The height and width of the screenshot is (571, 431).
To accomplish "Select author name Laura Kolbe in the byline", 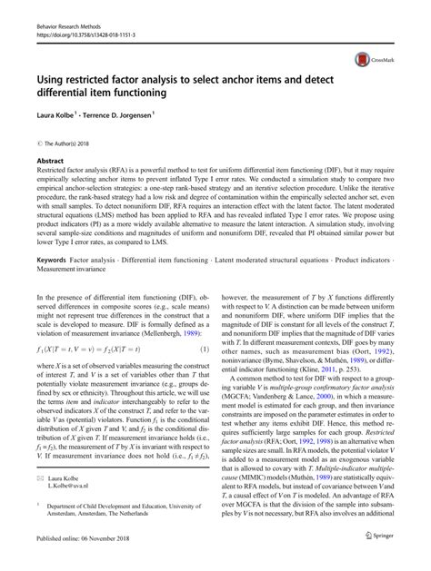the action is (61, 117).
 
